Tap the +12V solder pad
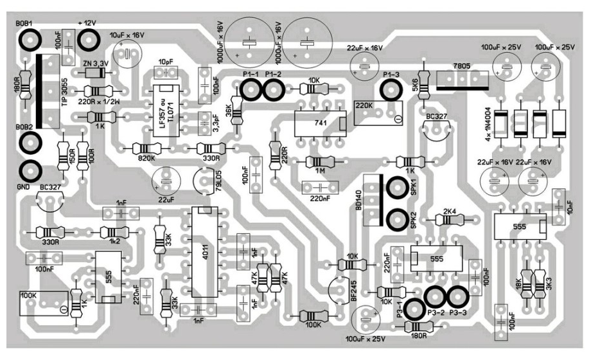(87, 40)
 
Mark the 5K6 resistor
(423, 87)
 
